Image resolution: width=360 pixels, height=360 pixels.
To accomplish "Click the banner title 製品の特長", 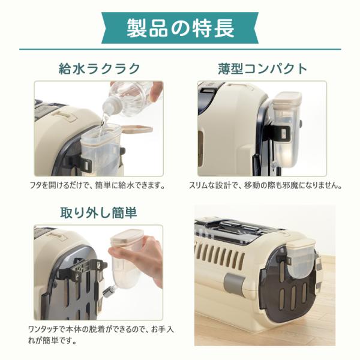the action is pyautogui.click(x=180, y=28).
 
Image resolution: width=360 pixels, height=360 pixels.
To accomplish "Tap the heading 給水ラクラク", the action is pyautogui.click(x=99, y=68).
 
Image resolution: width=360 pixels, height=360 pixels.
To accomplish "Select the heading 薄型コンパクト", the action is pyautogui.click(x=262, y=68).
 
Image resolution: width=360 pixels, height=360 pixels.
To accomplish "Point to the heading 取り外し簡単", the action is pyautogui.click(x=98, y=212).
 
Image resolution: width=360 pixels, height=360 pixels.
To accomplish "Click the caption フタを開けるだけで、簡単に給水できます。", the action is pyautogui.click(x=98, y=185).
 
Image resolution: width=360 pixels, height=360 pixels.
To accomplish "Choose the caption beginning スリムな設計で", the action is pyautogui.click(x=265, y=185).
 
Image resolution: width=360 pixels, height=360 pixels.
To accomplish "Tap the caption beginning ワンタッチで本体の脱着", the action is pyautogui.click(x=101, y=335).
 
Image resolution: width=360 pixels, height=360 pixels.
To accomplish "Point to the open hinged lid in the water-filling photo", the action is pyautogui.click(x=137, y=128).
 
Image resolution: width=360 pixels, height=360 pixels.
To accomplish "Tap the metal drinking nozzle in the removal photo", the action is pyautogui.click(x=109, y=291).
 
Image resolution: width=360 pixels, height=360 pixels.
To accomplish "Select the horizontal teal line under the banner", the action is pyautogui.click(x=180, y=49).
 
